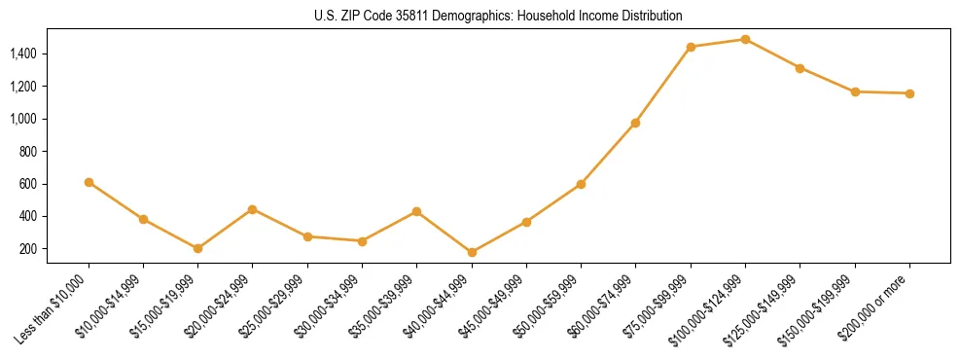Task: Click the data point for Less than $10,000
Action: tap(89, 182)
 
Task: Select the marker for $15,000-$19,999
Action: tap(197, 248)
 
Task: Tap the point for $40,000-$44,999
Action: tap(472, 252)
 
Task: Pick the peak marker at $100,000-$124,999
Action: tap(745, 39)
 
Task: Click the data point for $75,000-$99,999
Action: tap(691, 47)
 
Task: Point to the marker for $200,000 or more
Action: tap(909, 93)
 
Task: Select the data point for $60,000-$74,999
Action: tap(635, 123)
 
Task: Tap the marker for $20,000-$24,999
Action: tap(253, 209)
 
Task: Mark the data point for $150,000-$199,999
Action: tap(855, 91)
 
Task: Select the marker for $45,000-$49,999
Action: tap(526, 222)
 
